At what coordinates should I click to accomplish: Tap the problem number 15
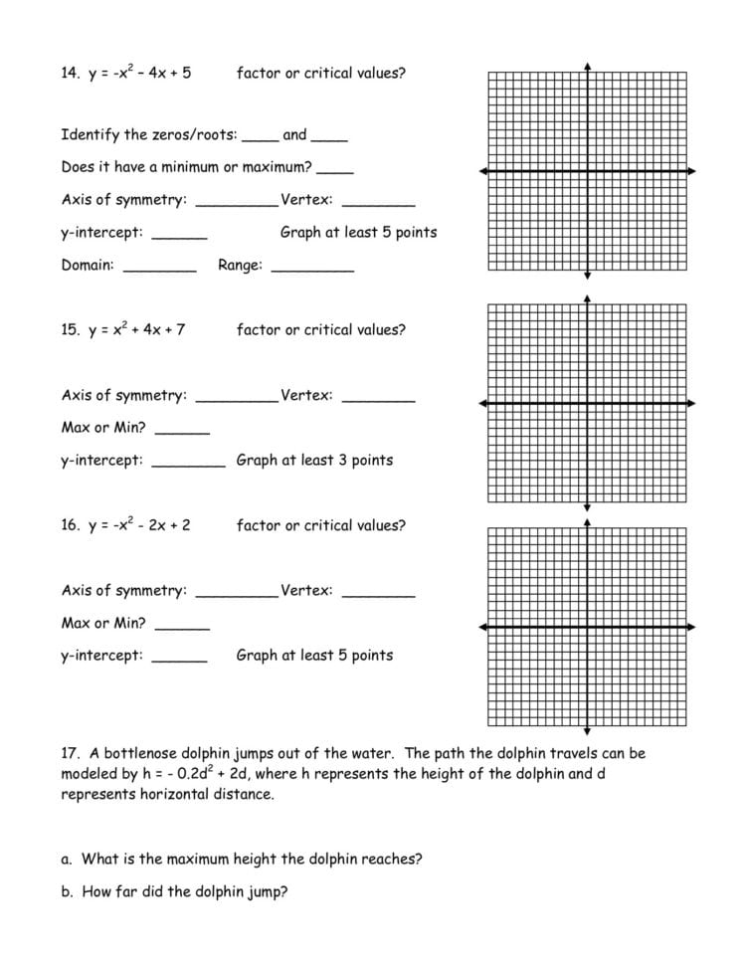click(x=70, y=329)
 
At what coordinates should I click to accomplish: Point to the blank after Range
click(x=311, y=269)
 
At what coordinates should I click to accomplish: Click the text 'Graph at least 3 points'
click(x=314, y=461)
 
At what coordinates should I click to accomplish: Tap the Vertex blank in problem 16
click(x=378, y=595)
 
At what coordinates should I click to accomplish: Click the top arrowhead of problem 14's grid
click(x=588, y=67)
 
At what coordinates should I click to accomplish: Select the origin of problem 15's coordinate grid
click(x=588, y=403)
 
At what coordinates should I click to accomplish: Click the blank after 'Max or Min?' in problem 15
click(x=182, y=432)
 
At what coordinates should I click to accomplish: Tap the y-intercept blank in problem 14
click(x=179, y=237)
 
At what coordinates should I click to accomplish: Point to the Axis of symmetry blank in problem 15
click(x=237, y=400)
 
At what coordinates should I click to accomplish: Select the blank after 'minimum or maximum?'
click(x=335, y=171)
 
